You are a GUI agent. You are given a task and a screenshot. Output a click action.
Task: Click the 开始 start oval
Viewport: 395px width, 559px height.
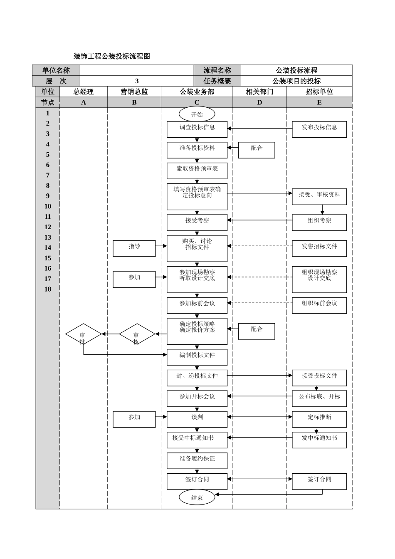[197, 114]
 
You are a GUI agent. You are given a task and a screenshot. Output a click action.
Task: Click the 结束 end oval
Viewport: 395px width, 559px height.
[197, 497]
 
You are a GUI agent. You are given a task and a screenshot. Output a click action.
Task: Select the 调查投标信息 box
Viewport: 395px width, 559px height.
[197, 129]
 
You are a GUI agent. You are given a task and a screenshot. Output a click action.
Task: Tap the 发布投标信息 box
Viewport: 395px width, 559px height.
[319, 129]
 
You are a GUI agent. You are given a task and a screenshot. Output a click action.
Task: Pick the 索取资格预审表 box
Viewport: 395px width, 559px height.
[197, 171]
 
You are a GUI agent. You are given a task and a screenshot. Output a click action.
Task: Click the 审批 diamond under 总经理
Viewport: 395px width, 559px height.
[84, 334]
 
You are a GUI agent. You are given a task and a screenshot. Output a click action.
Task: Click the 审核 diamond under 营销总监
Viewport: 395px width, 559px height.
[137, 334]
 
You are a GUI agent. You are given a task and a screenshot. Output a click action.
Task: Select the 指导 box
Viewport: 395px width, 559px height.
[134, 248]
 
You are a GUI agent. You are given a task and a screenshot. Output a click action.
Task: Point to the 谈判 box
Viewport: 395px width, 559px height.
[197, 419]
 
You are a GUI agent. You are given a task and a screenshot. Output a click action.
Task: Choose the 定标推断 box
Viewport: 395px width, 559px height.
[319, 419]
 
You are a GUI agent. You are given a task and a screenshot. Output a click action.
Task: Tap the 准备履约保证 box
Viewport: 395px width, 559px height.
[197, 460]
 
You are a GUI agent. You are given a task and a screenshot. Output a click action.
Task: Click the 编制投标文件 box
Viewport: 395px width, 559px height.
[197, 357]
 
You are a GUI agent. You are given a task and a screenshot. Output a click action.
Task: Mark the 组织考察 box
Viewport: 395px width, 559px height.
[319, 223]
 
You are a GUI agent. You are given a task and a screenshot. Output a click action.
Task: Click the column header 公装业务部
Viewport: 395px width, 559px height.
[197, 92]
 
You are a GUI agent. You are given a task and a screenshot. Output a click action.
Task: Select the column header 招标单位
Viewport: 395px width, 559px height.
[319, 92]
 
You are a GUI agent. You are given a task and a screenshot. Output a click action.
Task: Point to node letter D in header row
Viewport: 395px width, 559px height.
[259, 102]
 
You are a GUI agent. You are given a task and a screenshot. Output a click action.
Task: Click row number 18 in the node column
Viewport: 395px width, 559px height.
[48, 289]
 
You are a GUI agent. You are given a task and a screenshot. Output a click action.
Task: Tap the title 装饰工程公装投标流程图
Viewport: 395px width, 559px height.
[111, 56]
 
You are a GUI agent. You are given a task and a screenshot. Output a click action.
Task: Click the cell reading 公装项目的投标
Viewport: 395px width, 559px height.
[296, 81]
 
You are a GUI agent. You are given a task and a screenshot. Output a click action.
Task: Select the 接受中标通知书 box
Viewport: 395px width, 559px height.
[197, 440]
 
